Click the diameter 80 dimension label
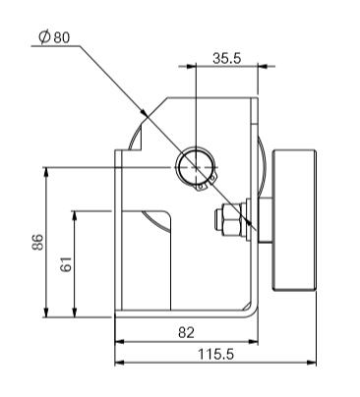pyautogui.click(x=54, y=37)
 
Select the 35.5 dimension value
pyautogui.click(x=227, y=58)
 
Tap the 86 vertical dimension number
pyautogui.click(x=37, y=242)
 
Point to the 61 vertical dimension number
pyautogui.click(x=66, y=264)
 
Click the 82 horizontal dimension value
pyautogui.click(x=186, y=332)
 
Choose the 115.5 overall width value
pyautogui.click(x=216, y=354)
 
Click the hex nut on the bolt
pyautogui.click(x=230, y=219)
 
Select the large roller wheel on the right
pyautogui.click(x=294, y=220)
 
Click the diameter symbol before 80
pyautogui.click(x=44, y=37)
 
